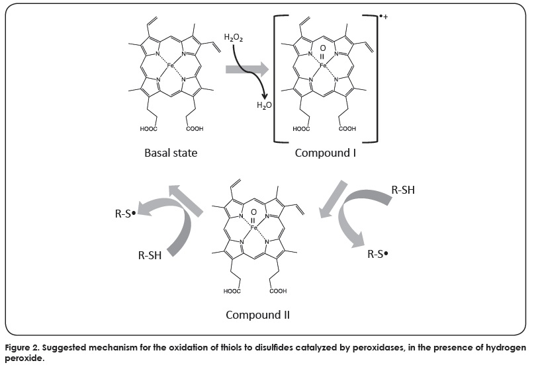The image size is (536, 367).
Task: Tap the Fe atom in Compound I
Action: (x=322, y=65)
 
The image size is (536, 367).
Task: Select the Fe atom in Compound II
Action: (x=253, y=227)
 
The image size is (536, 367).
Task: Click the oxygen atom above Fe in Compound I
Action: (x=322, y=48)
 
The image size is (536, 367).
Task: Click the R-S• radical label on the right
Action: (x=379, y=253)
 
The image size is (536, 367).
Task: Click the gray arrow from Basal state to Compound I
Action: (x=247, y=67)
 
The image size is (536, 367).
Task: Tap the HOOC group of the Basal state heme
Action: (x=148, y=129)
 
